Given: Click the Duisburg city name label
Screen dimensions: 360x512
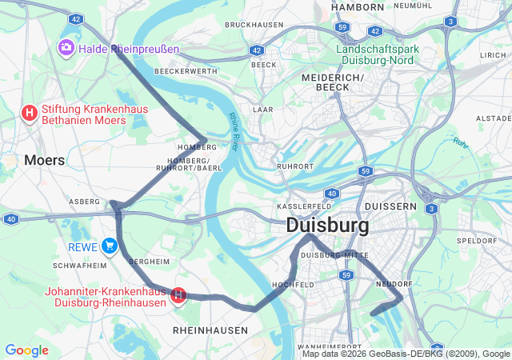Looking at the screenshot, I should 328,226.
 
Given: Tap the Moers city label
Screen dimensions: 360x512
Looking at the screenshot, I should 45,160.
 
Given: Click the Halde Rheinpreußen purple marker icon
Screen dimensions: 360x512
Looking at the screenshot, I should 65,49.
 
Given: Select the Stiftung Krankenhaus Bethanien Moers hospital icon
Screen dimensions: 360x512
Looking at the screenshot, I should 30,113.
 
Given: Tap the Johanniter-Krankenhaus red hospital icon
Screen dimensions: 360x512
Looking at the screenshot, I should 179,296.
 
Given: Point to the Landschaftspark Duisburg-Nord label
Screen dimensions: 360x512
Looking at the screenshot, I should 378,54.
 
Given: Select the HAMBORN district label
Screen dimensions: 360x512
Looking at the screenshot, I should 358,7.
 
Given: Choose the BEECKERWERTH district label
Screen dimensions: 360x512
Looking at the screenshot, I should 186,71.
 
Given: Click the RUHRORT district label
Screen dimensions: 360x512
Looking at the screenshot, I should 295,166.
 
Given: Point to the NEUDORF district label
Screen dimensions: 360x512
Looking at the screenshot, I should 394,283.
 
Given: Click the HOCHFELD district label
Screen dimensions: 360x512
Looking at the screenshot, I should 292,284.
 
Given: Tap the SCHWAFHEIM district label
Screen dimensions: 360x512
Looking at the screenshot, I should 79,265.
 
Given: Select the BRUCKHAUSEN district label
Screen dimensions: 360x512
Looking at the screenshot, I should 254,25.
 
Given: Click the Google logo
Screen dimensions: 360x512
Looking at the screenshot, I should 26,350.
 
